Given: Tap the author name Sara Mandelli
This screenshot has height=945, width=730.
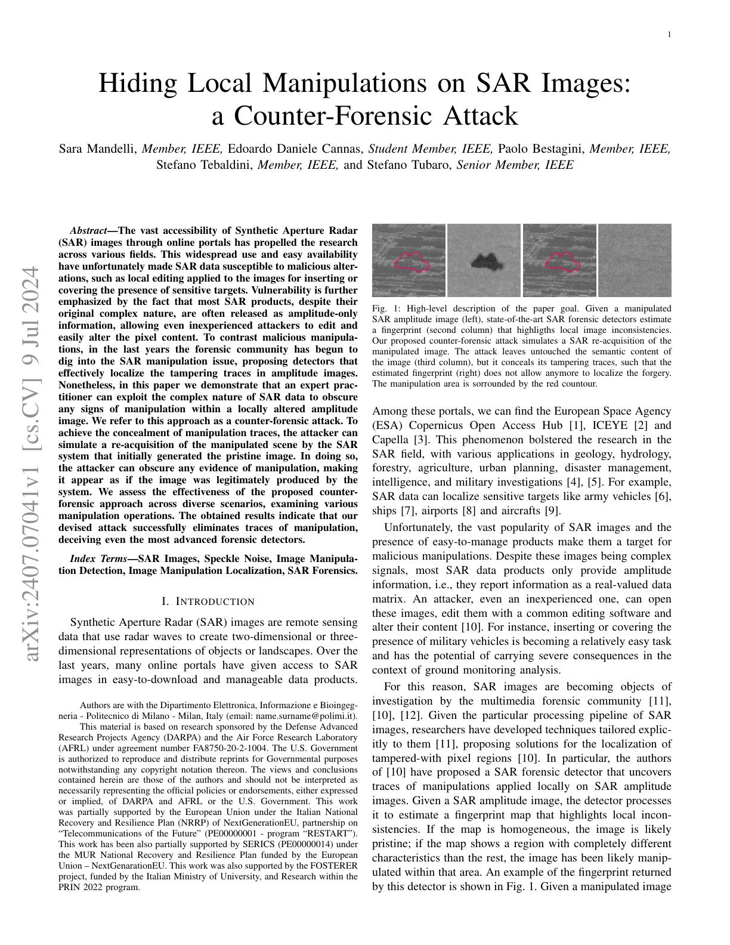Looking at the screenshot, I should click(98, 149).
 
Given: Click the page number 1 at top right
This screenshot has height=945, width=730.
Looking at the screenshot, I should click(669, 35).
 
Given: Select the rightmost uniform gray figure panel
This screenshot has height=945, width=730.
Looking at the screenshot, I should click(635, 260).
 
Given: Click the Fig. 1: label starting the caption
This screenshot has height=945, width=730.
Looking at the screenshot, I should click(383, 308).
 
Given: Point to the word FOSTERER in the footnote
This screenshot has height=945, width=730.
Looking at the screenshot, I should click(337, 864).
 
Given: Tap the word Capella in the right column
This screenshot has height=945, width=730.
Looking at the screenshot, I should click(389, 440).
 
